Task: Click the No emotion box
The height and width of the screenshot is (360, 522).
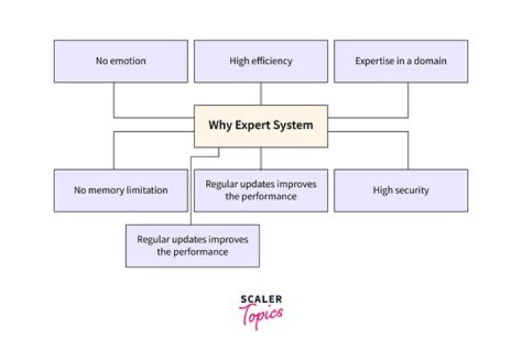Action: [x=120, y=61]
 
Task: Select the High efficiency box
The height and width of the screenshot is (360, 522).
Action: [x=261, y=61]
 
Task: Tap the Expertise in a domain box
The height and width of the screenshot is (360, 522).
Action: [x=400, y=61]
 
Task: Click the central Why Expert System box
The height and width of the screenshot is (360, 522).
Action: [x=261, y=125]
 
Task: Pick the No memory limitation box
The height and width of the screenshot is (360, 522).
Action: [x=120, y=191]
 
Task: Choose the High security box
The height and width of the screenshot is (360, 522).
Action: [x=400, y=191]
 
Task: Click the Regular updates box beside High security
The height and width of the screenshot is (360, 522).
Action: [x=261, y=191]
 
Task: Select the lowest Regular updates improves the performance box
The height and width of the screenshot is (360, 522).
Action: [x=192, y=246]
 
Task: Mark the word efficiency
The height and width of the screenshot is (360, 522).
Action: [x=271, y=61]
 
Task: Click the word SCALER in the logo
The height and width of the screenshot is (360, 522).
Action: [x=260, y=299]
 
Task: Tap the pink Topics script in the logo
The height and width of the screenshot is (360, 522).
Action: [x=260, y=314]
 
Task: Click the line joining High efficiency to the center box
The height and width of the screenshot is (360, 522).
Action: [x=261, y=93]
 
